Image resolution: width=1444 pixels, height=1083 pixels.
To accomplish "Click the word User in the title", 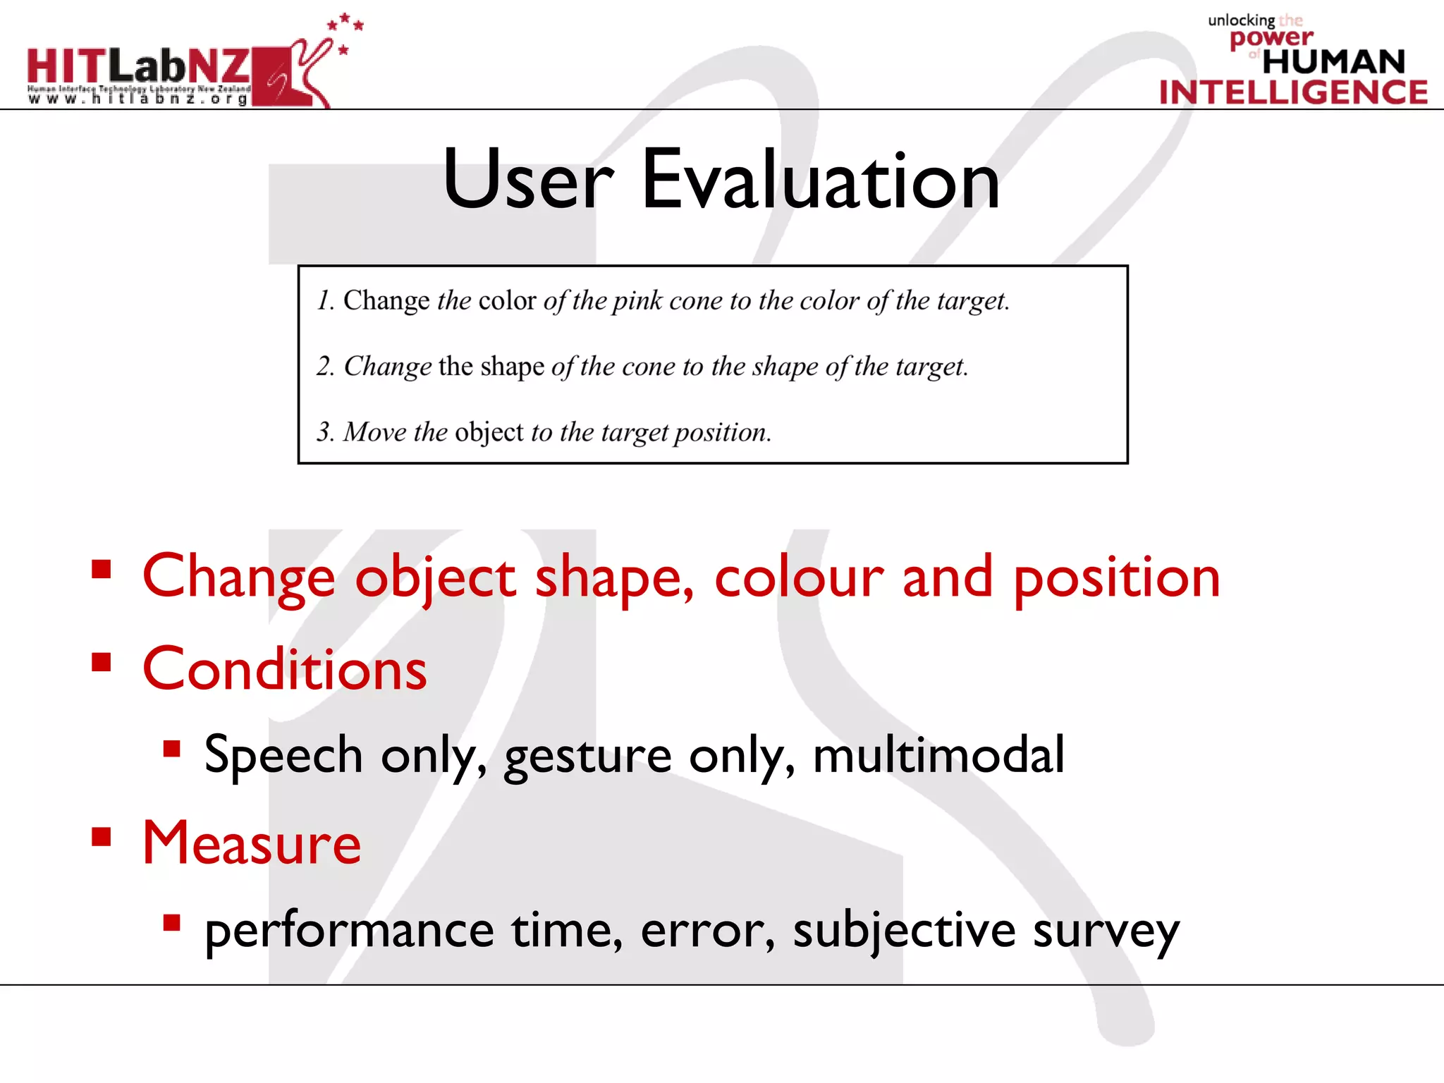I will click(x=527, y=180).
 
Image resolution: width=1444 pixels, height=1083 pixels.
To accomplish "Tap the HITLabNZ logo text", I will click(x=138, y=67).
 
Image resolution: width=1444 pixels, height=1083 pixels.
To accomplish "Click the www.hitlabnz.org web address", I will click(x=138, y=99).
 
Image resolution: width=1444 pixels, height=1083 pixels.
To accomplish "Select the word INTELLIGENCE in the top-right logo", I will click(x=1293, y=92).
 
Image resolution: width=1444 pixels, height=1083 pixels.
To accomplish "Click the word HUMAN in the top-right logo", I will click(x=1333, y=62).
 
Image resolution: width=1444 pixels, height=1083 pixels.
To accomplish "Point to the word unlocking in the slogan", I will click(x=1241, y=20).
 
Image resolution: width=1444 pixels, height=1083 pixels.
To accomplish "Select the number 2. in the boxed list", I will click(x=325, y=367).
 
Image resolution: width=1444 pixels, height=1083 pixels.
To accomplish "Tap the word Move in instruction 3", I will click(x=374, y=432).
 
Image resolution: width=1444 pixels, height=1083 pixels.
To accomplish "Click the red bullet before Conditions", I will click(x=102, y=662).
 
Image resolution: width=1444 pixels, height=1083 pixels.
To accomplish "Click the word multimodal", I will click(x=938, y=754).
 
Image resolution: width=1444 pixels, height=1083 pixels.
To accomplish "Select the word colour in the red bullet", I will click(x=798, y=577).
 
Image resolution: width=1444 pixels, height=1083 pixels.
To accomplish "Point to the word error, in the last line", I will click(x=707, y=931).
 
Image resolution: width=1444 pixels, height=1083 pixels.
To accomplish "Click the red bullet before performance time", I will click(x=171, y=923).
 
